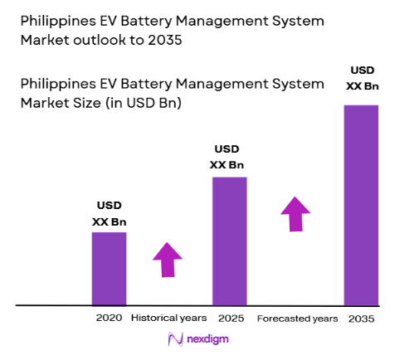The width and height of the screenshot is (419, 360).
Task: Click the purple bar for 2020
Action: pyautogui.click(x=109, y=268)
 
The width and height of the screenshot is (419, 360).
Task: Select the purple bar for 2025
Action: pyautogui.click(x=230, y=241)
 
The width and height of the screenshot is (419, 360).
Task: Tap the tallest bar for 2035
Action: pyautogui.click(x=361, y=205)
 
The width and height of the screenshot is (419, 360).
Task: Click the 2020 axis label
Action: pyautogui.click(x=109, y=318)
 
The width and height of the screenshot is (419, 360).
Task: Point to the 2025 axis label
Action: pyautogui.click(x=230, y=318)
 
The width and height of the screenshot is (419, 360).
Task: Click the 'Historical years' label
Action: pyautogui.click(x=170, y=318)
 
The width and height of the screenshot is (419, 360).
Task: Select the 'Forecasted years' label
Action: pyautogui.click(x=297, y=318)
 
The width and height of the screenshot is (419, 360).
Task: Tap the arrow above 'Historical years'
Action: pyautogui.click(x=168, y=260)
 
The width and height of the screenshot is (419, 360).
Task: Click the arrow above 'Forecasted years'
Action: pyautogui.click(x=294, y=213)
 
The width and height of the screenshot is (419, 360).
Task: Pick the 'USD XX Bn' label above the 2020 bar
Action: pyautogui.click(x=109, y=214)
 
